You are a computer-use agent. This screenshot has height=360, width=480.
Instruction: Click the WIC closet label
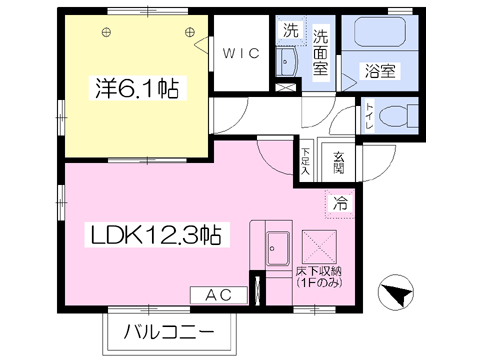click(241, 53)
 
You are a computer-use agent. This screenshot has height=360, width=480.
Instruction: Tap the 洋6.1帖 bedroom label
click(137, 88)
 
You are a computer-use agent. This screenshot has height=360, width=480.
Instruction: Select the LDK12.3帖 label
click(156, 235)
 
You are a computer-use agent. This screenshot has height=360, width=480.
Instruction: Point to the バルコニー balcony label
click(169, 332)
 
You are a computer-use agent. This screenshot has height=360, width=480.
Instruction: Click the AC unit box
click(219, 295)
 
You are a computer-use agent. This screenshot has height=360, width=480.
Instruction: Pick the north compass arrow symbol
click(396, 293)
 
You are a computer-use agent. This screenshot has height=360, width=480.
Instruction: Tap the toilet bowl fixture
click(398, 116)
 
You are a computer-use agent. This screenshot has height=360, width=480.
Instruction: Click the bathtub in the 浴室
click(380, 32)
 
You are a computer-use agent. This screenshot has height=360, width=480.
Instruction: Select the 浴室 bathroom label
click(380, 71)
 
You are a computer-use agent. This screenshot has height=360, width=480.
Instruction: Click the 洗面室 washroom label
click(320, 53)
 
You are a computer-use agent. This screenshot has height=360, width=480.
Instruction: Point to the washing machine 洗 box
click(291, 31)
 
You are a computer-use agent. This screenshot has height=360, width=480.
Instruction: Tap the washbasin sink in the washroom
click(287, 62)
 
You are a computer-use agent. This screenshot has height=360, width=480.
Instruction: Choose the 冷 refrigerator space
click(340, 203)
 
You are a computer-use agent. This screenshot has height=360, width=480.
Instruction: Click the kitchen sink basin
click(277, 248)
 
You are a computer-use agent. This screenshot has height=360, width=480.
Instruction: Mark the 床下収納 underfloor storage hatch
click(319, 247)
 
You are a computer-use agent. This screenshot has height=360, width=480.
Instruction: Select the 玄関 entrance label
click(339, 163)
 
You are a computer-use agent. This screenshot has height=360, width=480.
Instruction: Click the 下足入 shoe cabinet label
click(305, 161)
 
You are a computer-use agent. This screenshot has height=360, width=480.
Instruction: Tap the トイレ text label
click(370, 116)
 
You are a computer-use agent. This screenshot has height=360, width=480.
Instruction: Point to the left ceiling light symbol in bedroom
click(106, 32)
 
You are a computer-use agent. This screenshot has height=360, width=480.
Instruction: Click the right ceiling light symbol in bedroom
click(189, 32)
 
